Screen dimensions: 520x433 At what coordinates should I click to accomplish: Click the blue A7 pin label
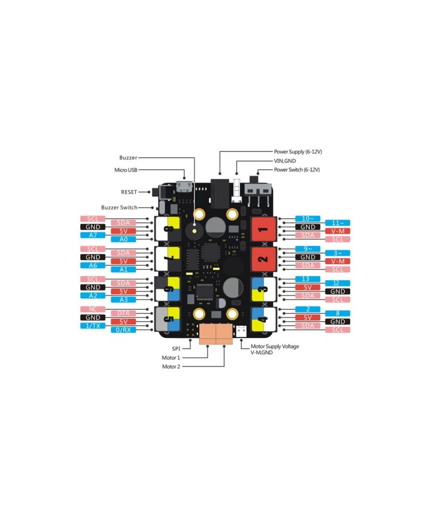[93, 235]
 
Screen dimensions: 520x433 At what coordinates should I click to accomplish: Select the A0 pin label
[123, 239]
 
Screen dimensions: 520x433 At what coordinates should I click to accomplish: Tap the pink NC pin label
[93, 309]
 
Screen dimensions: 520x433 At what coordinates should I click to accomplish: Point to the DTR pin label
[123, 313]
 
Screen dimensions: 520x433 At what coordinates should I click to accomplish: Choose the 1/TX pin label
[93, 326]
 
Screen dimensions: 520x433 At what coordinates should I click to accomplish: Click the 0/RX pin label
[123, 330]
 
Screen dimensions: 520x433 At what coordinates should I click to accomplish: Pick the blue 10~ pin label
[307, 218]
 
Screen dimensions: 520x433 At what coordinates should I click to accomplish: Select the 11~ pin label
[338, 223]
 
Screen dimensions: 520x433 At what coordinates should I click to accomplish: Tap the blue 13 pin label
[307, 279]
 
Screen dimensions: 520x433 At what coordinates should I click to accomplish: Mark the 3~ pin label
[338, 253]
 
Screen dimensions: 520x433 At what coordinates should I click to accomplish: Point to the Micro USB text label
[126, 170]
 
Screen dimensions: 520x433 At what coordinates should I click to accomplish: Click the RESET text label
[129, 191]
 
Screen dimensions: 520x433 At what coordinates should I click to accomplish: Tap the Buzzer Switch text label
[119, 208]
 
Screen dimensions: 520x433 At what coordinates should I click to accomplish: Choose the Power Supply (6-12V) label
[298, 152]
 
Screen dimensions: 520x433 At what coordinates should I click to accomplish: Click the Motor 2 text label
[171, 367]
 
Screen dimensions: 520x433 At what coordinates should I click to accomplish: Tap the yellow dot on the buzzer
[194, 231]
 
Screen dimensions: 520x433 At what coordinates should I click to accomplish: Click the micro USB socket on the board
[184, 187]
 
